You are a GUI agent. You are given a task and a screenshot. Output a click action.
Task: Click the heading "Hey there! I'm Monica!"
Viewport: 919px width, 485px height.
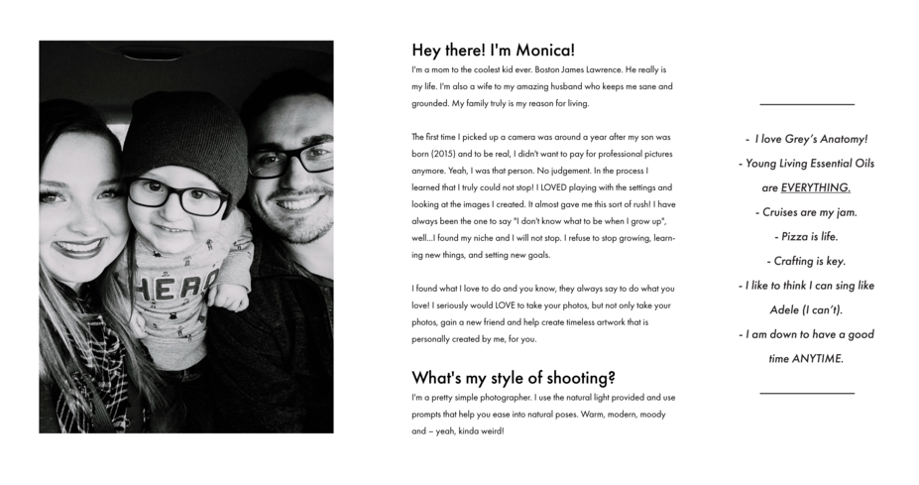coord(493,51)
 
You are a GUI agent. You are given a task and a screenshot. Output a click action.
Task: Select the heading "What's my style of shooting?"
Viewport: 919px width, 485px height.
coord(514,377)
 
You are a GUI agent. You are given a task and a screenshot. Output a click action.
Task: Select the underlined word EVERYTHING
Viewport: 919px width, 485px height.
coord(815,186)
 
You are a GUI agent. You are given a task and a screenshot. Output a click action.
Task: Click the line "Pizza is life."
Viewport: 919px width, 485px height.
coord(806,236)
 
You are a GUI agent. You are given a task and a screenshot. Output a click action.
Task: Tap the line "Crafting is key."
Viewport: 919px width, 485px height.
coord(806,261)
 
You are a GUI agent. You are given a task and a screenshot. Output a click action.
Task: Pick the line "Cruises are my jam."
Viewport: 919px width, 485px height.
coord(806,211)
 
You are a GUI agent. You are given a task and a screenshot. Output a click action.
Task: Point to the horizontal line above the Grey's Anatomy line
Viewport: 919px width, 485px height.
coord(806,104)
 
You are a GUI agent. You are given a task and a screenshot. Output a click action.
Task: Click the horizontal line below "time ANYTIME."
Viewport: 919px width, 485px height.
coord(806,394)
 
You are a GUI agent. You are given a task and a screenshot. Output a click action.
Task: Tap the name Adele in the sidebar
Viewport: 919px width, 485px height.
coord(790,309)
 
